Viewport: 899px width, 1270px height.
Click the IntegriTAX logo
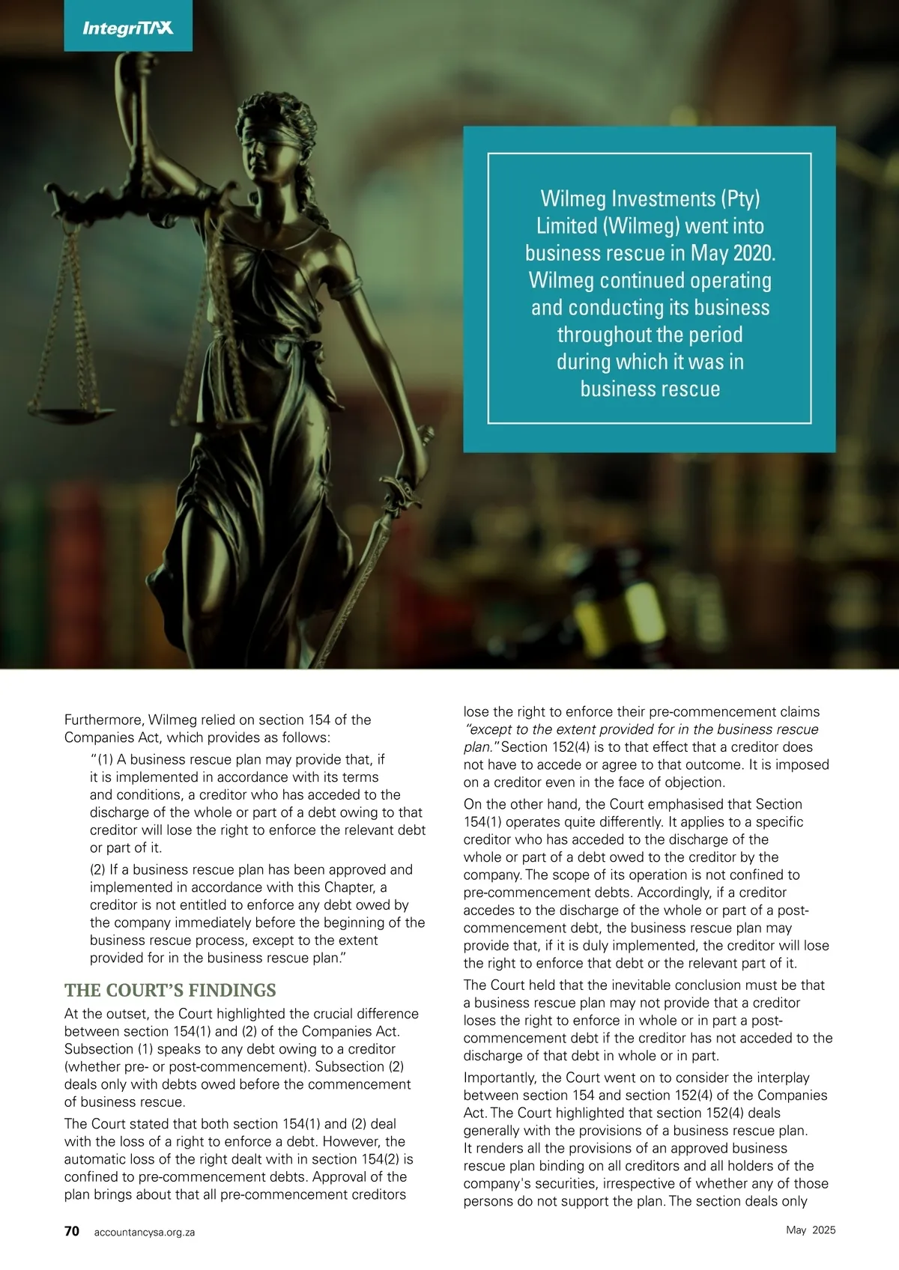coord(127,28)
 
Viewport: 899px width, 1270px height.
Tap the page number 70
coord(72,1231)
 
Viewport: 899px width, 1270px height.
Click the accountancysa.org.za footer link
coord(145,1232)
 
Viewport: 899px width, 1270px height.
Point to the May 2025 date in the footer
coord(811,1230)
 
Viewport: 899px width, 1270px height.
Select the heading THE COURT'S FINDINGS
coord(170,990)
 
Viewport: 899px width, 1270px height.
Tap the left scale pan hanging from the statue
coord(73,413)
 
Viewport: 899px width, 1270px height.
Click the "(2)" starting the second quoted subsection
coord(98,870)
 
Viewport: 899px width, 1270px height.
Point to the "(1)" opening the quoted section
coord(106,759)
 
